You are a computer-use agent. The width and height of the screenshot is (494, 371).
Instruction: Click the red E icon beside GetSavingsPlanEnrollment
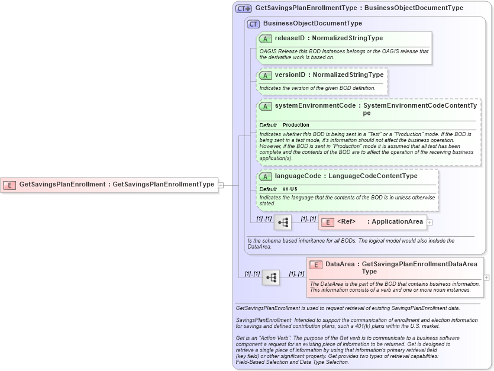[x=9, y=185]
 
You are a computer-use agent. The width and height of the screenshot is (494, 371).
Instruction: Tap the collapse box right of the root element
[x=221, y=185]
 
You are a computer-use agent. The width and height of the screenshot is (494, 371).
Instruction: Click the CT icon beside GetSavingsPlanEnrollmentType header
[x=243, y=9]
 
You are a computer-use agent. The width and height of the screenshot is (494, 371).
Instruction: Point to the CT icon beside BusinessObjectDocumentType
[x=253, y=24]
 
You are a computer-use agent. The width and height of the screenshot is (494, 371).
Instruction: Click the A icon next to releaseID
[x=265, y=38]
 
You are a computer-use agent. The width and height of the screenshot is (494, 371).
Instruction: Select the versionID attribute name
[x=290, y=75]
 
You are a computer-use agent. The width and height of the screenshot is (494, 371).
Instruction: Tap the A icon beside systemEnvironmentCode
[x=265, y=106]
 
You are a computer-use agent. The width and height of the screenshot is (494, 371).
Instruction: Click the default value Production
[x=296, y=125]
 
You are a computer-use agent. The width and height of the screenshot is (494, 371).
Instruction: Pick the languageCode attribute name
[x=298, y=176]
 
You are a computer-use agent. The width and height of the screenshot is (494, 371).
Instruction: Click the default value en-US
[x=290, y=189]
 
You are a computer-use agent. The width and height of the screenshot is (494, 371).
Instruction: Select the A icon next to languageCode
[x=265, y=176]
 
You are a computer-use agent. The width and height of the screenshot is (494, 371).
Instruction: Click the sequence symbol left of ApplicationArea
[x=283, y=222]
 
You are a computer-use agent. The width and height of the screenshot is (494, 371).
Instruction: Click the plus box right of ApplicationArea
[x=430, y=222]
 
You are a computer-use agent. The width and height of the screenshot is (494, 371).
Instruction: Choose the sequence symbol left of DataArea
[x=271, y=277]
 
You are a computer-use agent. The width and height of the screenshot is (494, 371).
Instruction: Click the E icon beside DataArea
[x=315, y=264]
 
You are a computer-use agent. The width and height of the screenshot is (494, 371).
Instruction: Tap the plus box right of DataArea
[x=486, y=277]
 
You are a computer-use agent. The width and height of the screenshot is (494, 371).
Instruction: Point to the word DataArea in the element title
[x=340, y=264]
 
